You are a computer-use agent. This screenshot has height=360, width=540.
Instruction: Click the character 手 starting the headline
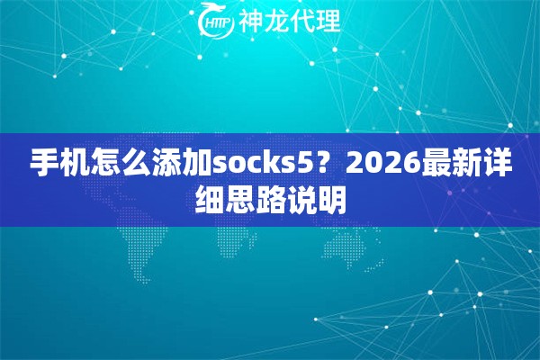pyautogui.click(x=41, y=164)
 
